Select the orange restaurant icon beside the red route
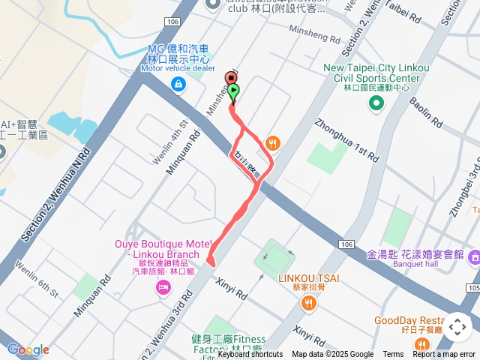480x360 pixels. [272, 142]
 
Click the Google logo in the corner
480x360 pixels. [28, 349]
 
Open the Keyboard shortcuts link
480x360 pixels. [250, 355]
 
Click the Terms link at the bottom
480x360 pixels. [393, 355]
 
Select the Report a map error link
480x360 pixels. [444, 355]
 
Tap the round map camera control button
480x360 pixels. [457, 327]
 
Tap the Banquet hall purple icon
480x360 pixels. [474, 257]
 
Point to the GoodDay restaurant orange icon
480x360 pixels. [422, 344]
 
